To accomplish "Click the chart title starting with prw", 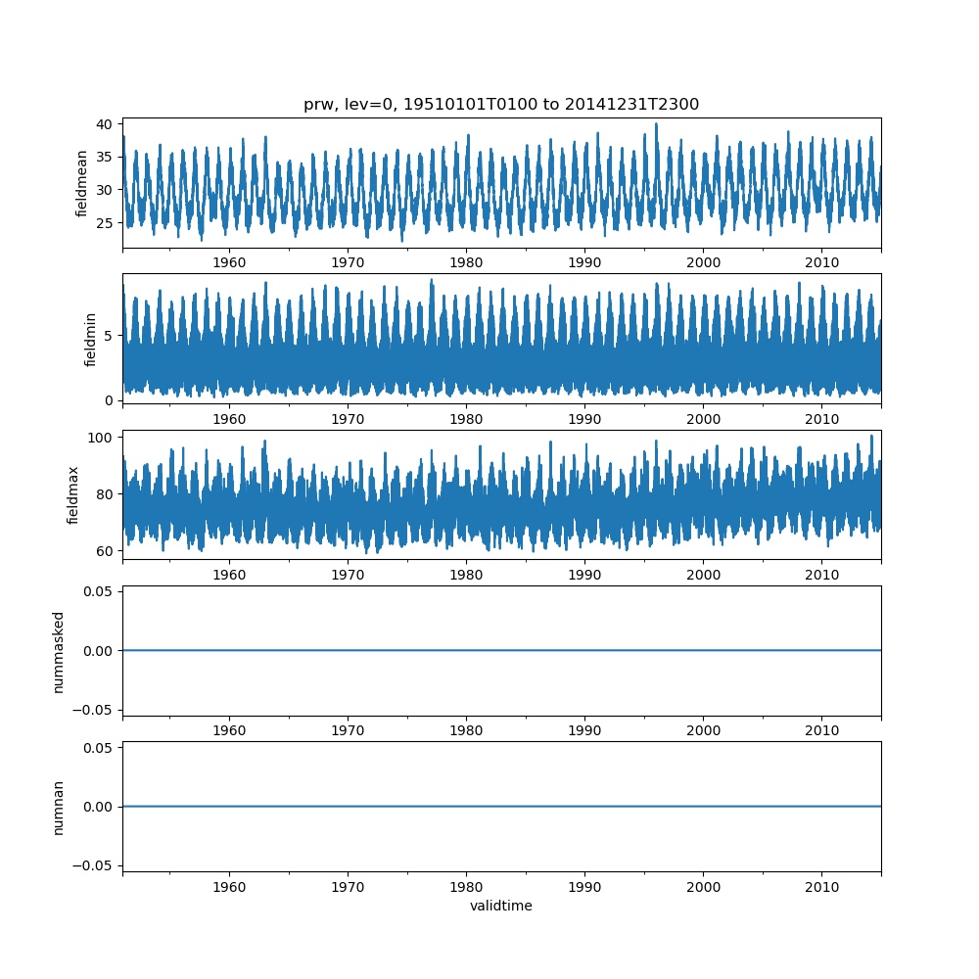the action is coord(500,105).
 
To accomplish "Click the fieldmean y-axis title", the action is coord(81,184).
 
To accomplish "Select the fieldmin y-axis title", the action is coord(90,340).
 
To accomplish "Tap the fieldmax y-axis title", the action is coord(73,495).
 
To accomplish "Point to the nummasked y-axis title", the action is coord(58,652).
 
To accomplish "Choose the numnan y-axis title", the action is coord(58,808).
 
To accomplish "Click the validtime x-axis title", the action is coord(500,906).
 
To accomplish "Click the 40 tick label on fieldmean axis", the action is coord(105,124).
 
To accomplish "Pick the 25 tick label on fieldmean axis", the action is coord(105,223).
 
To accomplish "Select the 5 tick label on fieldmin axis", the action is coord(109,336).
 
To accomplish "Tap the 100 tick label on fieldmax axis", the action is coord(100,438).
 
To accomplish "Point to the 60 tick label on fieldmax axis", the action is coord(105,551).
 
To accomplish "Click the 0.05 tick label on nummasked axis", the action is coord(98,591).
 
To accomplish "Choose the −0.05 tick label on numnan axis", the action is coord(92,865).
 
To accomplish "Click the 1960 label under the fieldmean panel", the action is coord(229,262).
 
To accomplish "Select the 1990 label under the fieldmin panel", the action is coord(584,419).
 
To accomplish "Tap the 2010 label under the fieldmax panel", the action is coord(821,575).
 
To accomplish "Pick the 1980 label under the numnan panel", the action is coord(466,887).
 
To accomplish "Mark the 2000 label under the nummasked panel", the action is coord(704,730).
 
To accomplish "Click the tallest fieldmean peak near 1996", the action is coord(656,124).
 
